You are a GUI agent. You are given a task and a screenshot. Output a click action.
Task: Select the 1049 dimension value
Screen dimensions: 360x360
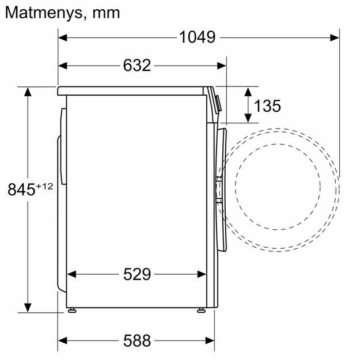197,37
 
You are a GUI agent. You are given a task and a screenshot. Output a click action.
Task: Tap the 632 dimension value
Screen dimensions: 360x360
137,66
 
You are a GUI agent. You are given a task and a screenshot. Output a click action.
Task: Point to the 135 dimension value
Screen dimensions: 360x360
267,105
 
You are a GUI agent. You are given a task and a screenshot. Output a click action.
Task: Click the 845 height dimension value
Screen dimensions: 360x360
21,189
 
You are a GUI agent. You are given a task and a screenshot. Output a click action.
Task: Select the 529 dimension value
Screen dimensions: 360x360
137,274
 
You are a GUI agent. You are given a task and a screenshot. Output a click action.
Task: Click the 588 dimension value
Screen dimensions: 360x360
137,340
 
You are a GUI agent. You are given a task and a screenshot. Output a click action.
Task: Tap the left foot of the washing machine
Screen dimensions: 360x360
72,311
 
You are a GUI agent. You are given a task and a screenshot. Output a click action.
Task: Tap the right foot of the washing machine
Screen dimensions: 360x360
201,311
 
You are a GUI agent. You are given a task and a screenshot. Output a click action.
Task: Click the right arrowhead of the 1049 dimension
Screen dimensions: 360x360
334,37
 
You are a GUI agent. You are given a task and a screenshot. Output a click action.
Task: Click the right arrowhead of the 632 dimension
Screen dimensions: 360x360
221,66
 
